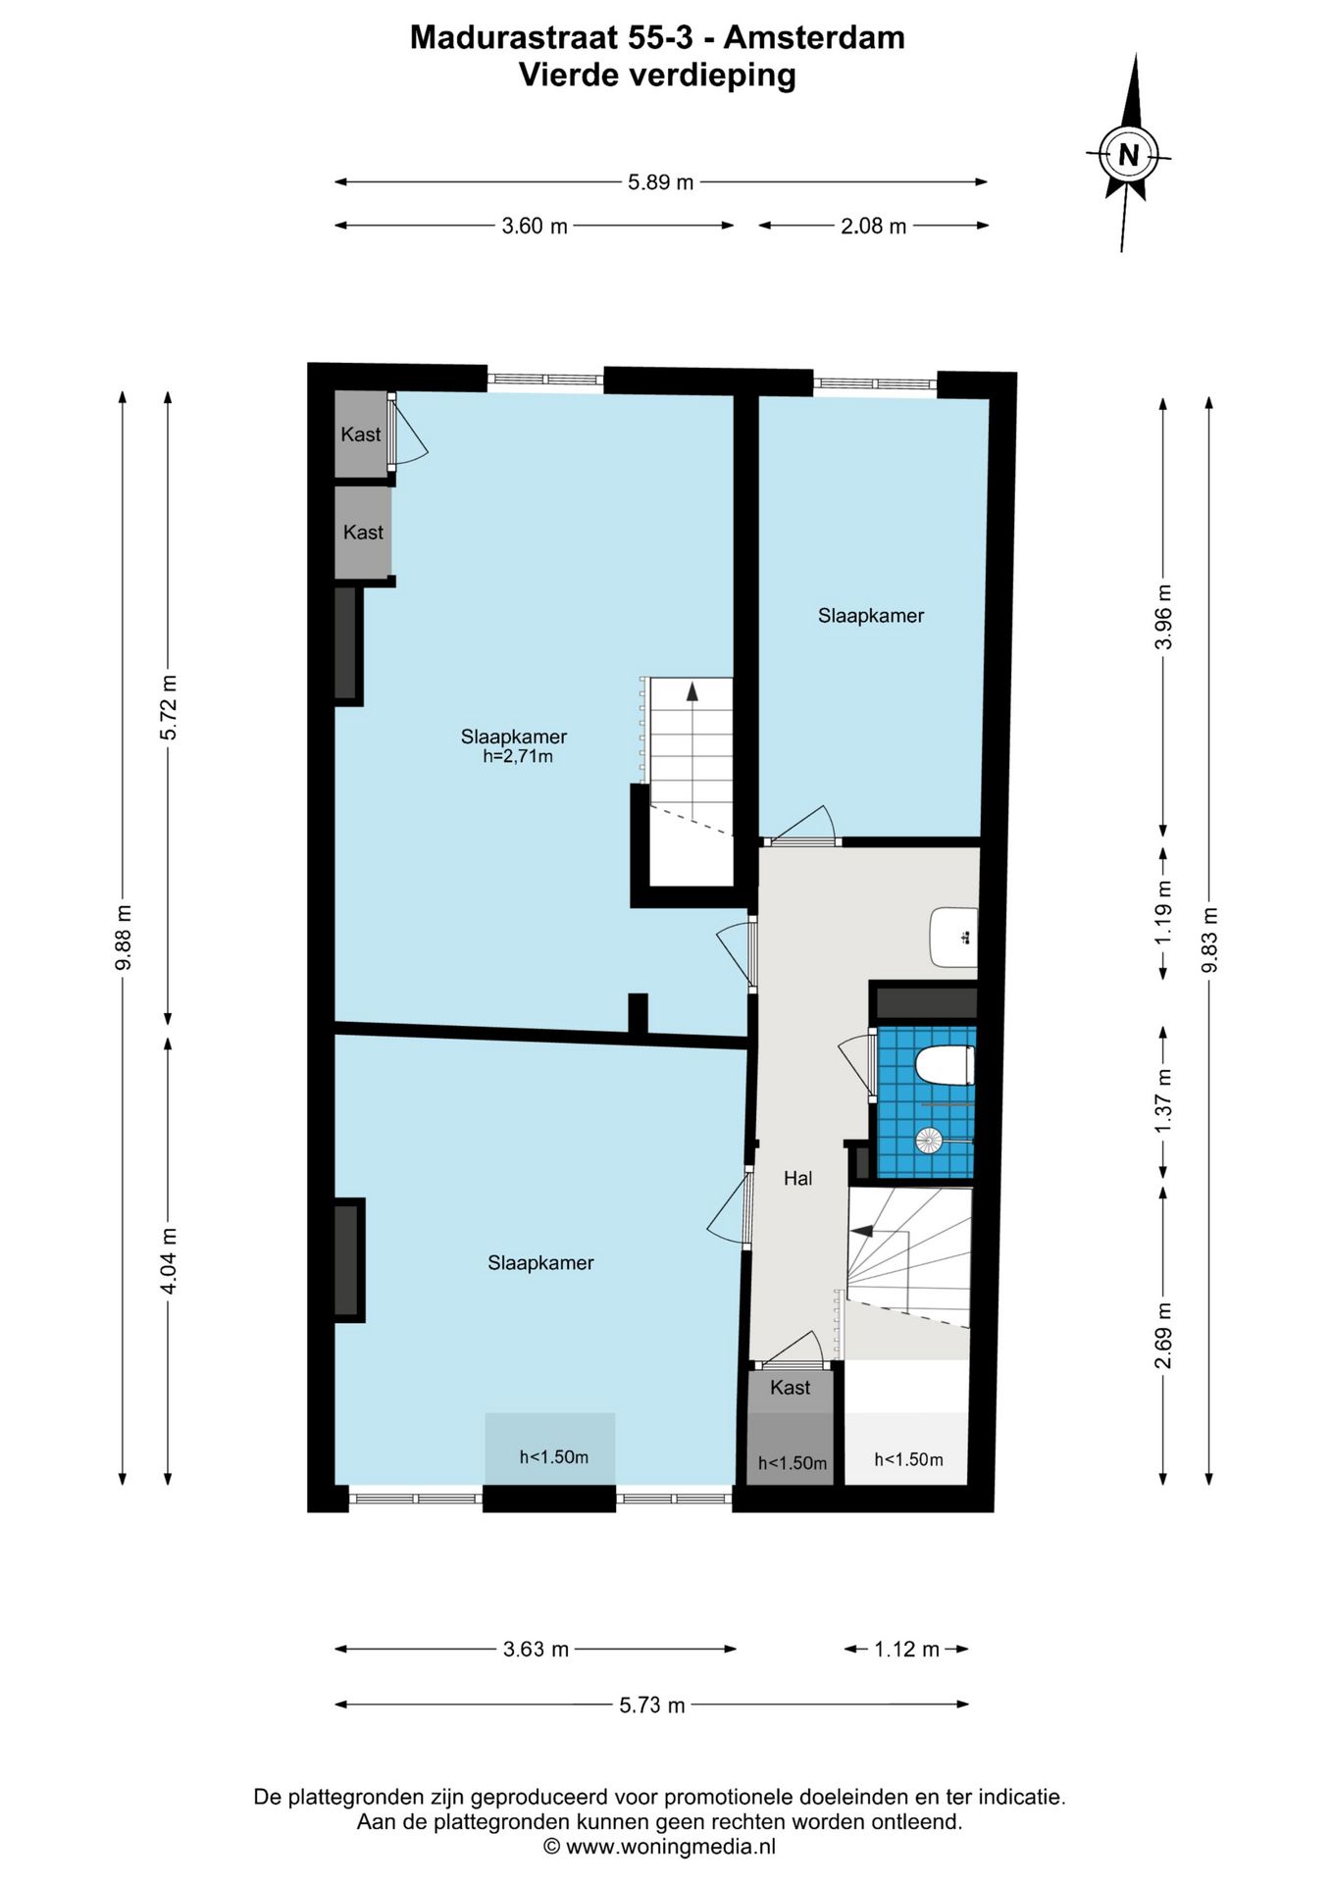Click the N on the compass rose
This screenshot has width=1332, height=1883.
pos(1128,155)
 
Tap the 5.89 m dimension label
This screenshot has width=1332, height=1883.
pos(661,181)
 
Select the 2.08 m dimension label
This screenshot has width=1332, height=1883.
pos(874,226)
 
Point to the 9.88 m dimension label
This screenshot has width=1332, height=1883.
pos(124,938)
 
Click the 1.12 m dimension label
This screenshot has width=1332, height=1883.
pos(907,1649)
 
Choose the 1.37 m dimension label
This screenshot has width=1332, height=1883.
pos(1163,1100)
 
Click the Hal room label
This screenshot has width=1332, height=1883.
pos(797,1179)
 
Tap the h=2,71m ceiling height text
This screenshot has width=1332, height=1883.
pos(518,756)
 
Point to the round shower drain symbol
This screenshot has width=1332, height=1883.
pos(928,1140)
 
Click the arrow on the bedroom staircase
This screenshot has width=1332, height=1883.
pos(692,691)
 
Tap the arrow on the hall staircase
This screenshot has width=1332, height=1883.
pos(862,1230)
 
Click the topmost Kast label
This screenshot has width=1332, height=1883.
pos(361,434)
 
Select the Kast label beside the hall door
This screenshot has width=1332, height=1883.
pos(791,1387)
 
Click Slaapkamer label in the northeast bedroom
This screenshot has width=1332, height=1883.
pos(871,616)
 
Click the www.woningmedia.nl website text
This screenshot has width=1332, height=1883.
pos(671,1847)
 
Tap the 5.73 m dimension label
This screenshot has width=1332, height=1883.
pos(652,1705)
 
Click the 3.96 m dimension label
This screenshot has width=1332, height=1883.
pos(1163,617)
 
